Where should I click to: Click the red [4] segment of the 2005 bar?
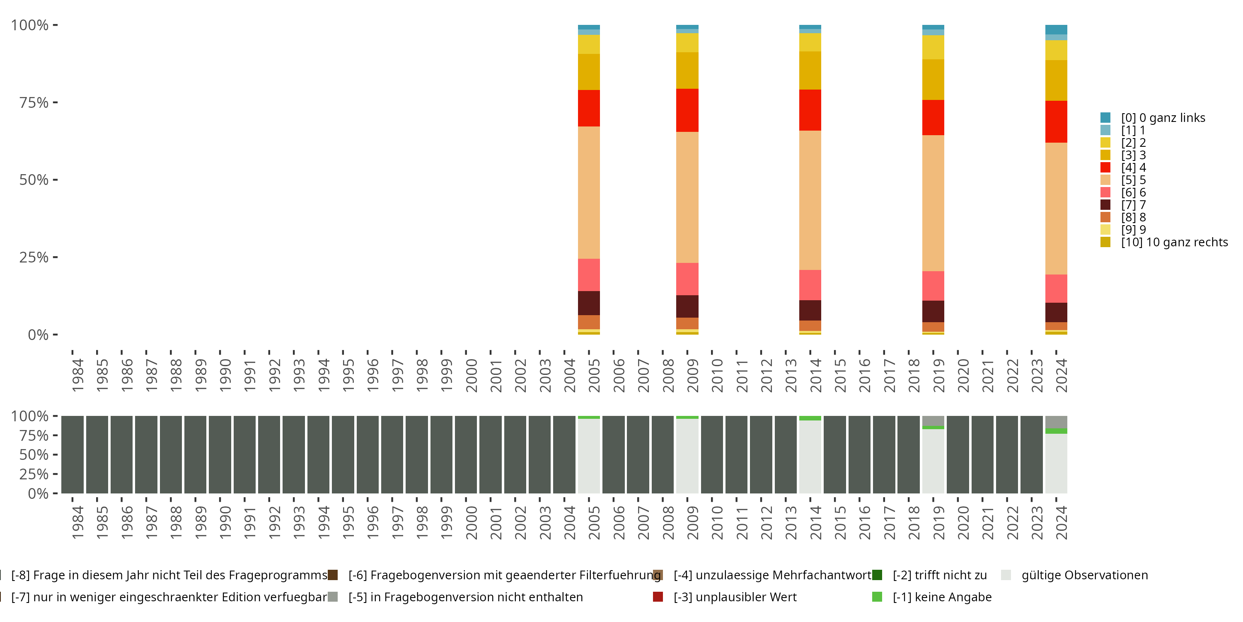click(589, 108)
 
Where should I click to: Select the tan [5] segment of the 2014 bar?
click(810, 200)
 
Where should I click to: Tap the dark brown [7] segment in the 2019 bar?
click(933, 311)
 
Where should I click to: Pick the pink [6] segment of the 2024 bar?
click(1056, 288)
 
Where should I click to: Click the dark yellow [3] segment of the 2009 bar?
click(687, 70)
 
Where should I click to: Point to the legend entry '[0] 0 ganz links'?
click(1163, 118)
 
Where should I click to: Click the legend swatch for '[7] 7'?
click(1105, 205)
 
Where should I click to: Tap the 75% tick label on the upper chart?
click(34, 102)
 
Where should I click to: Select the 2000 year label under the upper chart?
click(472, 375)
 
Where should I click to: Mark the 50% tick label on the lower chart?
click(34, 454)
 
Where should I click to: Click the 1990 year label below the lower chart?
click(225, 522)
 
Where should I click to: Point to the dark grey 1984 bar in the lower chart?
click(73, 454)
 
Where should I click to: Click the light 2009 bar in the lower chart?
click(687, 457)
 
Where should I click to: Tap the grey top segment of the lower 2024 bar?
click(1056, 422)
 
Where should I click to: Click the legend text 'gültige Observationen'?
click(1084, 575)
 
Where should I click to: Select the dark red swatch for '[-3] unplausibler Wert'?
click(658, 597)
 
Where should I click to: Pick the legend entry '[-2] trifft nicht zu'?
click(939, 575)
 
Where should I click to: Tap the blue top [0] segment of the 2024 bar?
click(1056, 29)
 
